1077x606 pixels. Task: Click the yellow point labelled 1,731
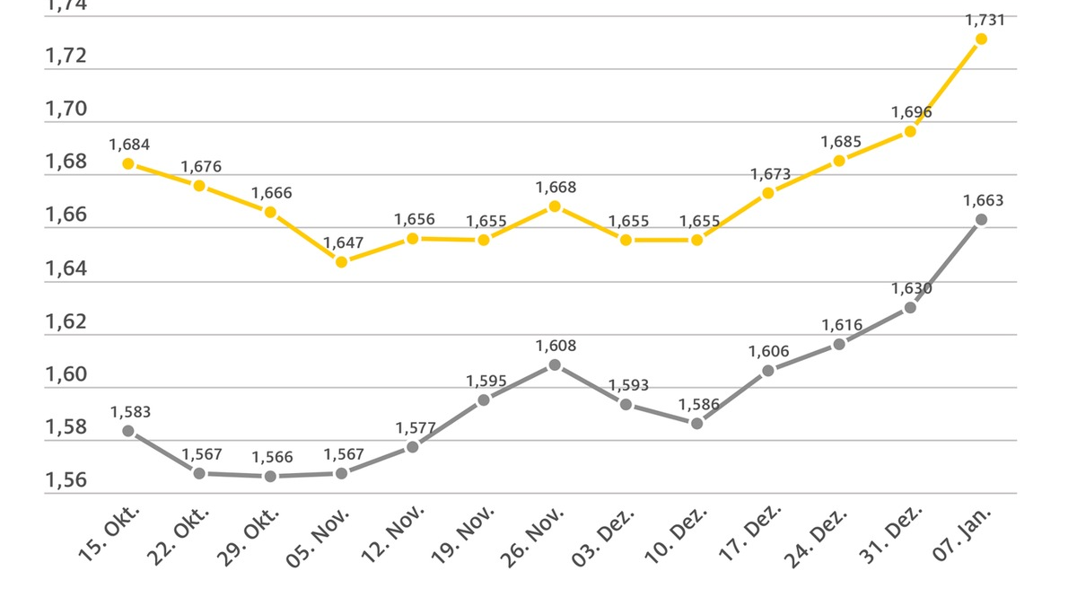[981, 39]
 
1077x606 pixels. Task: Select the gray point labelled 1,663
[981, 219]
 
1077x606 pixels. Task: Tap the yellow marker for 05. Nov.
[341, 262]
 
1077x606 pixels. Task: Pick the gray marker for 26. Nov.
[555, 364]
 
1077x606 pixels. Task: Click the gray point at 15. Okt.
[128, 431]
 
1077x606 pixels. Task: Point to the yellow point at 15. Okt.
[128, 163]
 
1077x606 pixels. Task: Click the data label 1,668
[556, 188]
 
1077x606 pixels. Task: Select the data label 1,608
[556, 346]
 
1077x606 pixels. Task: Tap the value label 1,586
[699, 404]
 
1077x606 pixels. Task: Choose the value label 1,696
[911, 112]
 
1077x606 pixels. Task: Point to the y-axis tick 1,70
[66, 110]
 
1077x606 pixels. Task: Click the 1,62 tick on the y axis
[66, 321]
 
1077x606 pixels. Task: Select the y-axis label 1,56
[66, 480]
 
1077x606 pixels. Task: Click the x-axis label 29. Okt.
[249, 537]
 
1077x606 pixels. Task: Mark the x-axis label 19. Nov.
[462, 537]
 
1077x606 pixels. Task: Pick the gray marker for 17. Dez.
[768, 370]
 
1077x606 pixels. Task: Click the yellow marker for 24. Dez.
[839, 161]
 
